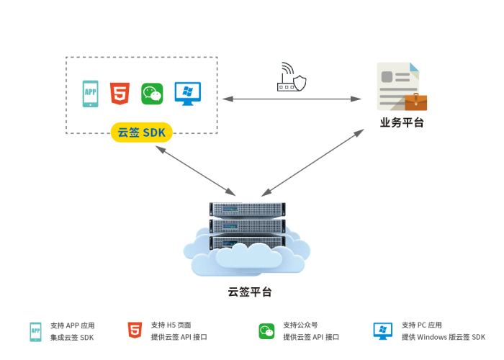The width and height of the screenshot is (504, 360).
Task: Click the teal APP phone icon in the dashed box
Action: pos(91,94)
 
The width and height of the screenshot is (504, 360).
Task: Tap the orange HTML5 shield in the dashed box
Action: pos(120,94)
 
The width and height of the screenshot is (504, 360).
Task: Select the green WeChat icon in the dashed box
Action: pos(152,94)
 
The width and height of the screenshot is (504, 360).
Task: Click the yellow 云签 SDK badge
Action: pos(142,132)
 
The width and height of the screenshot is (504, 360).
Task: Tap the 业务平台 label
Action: pos(402,122)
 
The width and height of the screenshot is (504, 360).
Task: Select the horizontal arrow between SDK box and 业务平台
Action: pos(292,99)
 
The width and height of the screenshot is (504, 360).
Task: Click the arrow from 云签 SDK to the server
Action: pos(195,170)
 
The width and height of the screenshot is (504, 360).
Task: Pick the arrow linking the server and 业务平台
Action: pos(313,163)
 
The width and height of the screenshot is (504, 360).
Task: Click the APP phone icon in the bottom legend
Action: pos(35,331)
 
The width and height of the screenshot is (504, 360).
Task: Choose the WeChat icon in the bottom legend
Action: pos(267,331)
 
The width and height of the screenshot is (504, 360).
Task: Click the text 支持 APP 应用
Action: pos(73,325)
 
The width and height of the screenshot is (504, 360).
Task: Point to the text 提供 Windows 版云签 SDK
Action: pos(444,337)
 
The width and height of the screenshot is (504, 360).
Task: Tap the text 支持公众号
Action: pos(300,325)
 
